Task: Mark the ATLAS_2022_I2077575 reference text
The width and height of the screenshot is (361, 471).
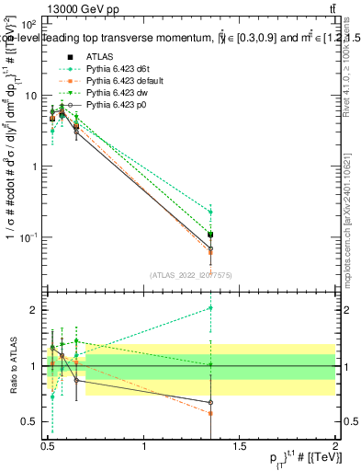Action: (189, 275)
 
